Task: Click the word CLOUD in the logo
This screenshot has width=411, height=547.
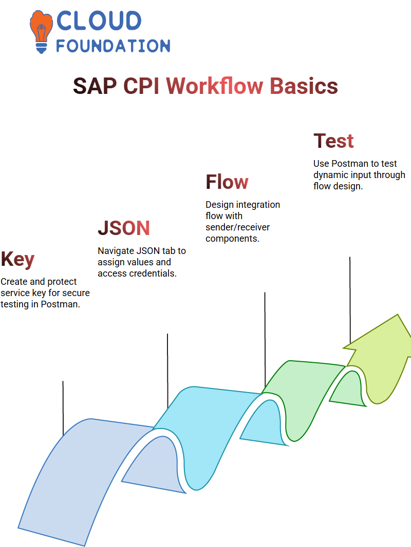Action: pyautogui.click(x=99, y=21)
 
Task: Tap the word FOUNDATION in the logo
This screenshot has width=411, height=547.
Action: pyautogui.click(x=113, y=46)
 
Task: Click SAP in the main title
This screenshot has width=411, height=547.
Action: pyautogui.click(x=95, y=86)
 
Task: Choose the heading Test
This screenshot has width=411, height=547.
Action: pyautogui.click(x=333, y=141)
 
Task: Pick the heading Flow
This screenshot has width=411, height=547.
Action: pyautogui.click(x=227, y=182)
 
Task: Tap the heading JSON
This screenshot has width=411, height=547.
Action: pyautogui.click(x=124, y=228)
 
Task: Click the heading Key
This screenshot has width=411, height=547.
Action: pyautogui.click(x=17, y=259)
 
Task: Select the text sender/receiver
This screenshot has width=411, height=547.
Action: pyautogui.click(x=237, y=227)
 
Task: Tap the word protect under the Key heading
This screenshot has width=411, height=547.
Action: pyautogui.click(x=62, y=282)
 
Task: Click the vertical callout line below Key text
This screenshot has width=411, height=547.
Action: pyautogui.click(x=63, y=408)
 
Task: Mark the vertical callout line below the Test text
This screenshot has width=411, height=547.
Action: pyautogui.click(x=350, y=300)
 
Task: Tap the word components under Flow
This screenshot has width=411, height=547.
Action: pyautogui.click(x=232, y=239)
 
